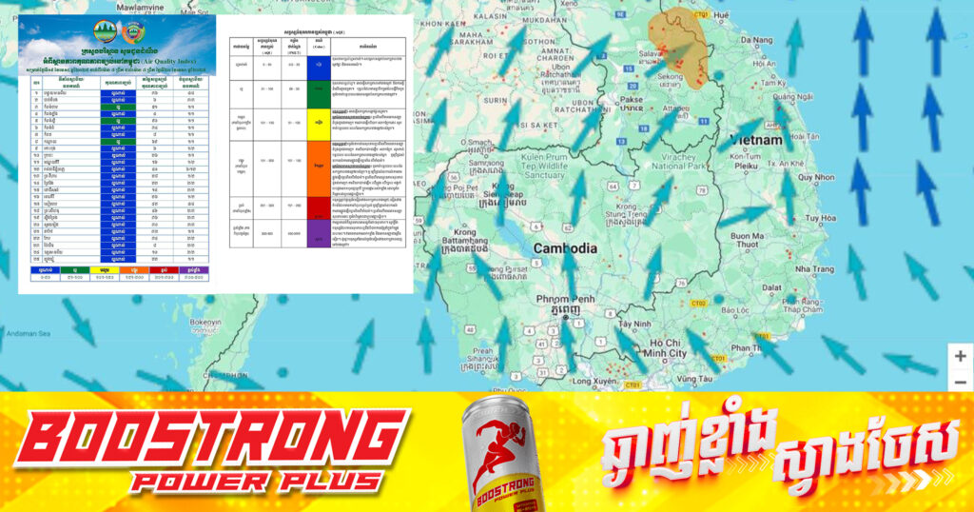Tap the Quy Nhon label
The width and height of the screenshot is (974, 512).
coord(815,177)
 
